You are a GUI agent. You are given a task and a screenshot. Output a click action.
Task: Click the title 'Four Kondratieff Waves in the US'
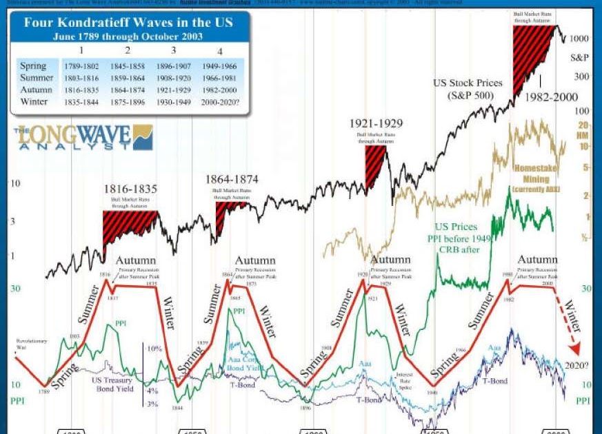click(128, 22)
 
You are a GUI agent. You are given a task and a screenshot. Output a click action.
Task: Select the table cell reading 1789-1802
click(81, 66)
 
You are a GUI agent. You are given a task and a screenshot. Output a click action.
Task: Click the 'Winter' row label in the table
click(34, 101)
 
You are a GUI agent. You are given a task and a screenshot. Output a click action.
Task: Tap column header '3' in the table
click(173, 50)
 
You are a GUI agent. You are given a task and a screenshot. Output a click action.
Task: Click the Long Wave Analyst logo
click(83, 138)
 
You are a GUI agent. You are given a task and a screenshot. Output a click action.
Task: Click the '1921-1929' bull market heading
click(375, 124)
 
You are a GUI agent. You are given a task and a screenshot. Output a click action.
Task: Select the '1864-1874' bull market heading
click(231, 180)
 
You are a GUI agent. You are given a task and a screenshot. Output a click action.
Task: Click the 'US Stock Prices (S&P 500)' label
click(468, 88)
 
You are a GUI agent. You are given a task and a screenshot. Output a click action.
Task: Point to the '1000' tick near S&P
click(579, 39)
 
